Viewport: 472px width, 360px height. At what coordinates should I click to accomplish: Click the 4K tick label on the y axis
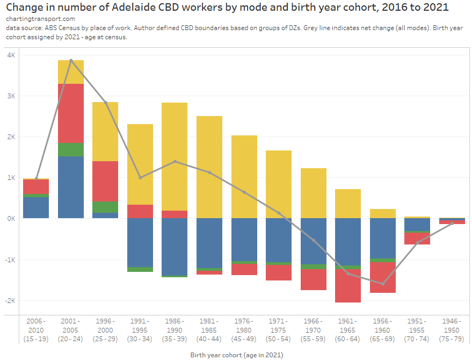(10, 55)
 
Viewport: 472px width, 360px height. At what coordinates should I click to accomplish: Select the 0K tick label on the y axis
(10, 219)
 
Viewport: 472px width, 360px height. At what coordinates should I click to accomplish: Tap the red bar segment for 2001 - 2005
(71, 113)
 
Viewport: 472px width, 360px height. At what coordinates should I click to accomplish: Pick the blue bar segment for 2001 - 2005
(71, 187)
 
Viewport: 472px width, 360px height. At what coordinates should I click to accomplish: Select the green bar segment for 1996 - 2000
(105, 207)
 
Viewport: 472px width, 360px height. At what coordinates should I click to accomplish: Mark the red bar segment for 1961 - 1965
(348, 286)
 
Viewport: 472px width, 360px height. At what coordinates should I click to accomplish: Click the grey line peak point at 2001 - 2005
(71, 61)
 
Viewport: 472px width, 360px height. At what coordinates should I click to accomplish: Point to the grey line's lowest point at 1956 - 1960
(382, 284)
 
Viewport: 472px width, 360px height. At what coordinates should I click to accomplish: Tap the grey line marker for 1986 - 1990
(175, 161)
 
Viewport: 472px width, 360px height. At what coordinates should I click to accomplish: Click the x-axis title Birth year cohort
(236, 355)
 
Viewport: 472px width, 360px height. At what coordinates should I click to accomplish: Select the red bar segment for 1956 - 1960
(382, 277)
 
